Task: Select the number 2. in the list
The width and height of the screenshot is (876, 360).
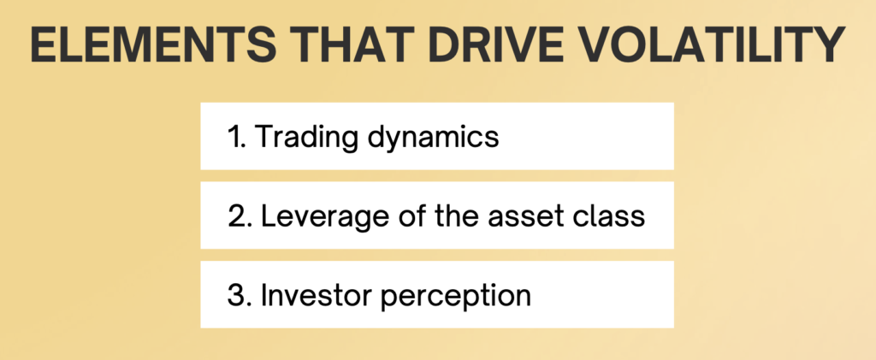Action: click(x=240, y=216)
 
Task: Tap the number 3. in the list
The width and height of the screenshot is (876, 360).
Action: click(x=240, y=296)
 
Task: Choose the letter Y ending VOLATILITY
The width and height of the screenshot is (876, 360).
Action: click(x=830, y=44)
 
